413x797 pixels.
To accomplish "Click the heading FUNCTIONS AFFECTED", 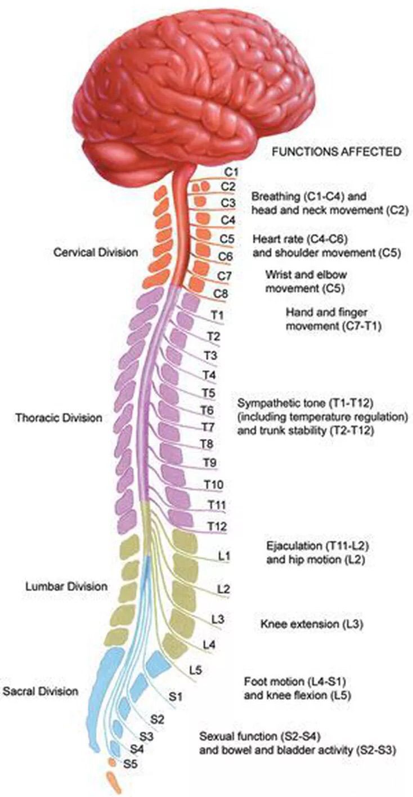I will [x=336, y=151].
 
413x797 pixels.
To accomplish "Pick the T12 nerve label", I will [x=217, y=526].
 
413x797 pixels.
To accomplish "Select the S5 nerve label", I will [x=131, y=764].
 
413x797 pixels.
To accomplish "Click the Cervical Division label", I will [x=95, y=252].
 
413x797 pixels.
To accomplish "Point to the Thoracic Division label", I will [x=59, y=418].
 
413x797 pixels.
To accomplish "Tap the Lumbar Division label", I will [x=66, y=586].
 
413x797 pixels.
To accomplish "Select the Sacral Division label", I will [x=41, y=691].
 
